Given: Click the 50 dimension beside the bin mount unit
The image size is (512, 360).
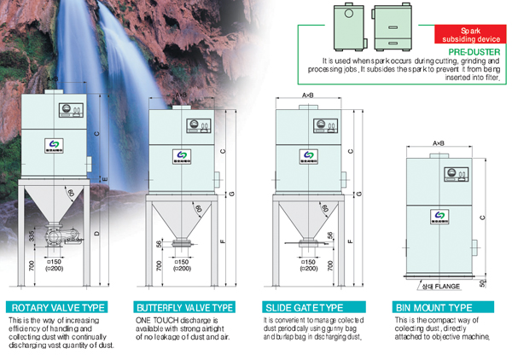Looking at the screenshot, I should pos(483,282).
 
